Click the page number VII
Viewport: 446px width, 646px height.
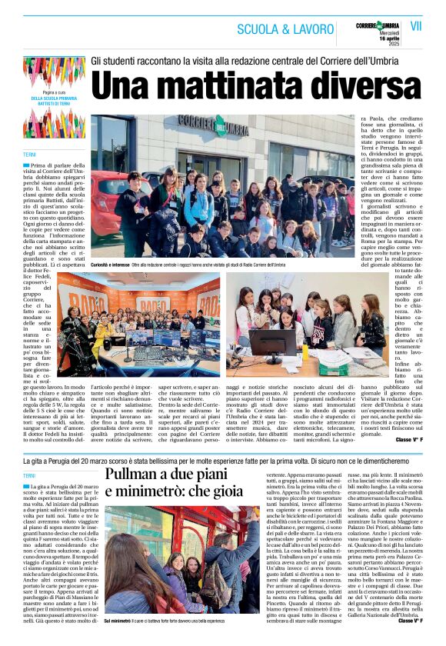point(417,27)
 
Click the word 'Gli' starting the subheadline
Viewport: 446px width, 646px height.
point(98,60)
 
